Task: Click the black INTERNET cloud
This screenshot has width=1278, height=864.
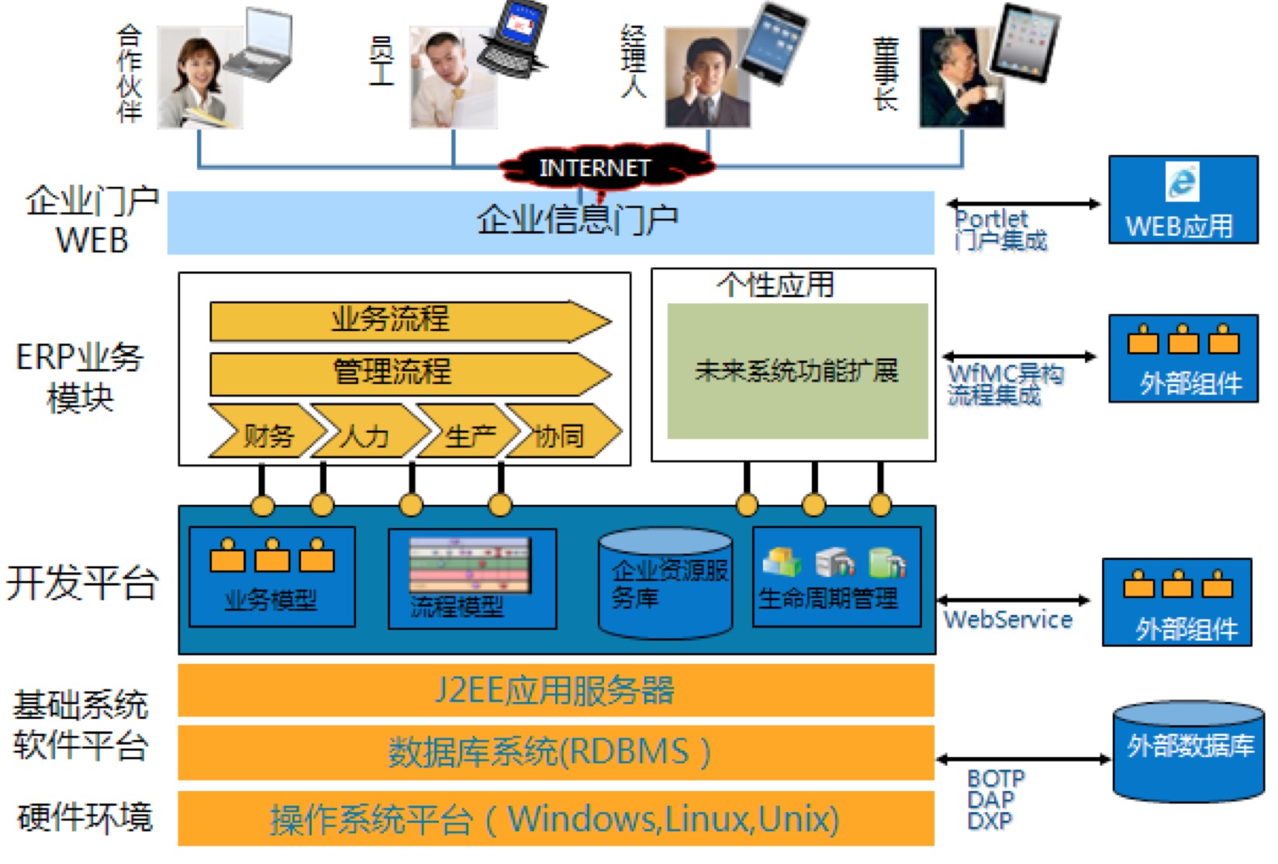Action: point(596,168)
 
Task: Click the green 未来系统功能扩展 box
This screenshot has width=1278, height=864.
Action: point(797,371)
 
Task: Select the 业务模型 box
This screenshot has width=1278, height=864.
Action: point(271,577)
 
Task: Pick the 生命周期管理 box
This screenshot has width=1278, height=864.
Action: point(836,577)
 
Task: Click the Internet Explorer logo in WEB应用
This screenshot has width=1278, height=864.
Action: point(1182,183)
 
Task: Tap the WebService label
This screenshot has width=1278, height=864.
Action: point(1007,620)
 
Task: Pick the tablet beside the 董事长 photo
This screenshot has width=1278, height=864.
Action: point(1025,42)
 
